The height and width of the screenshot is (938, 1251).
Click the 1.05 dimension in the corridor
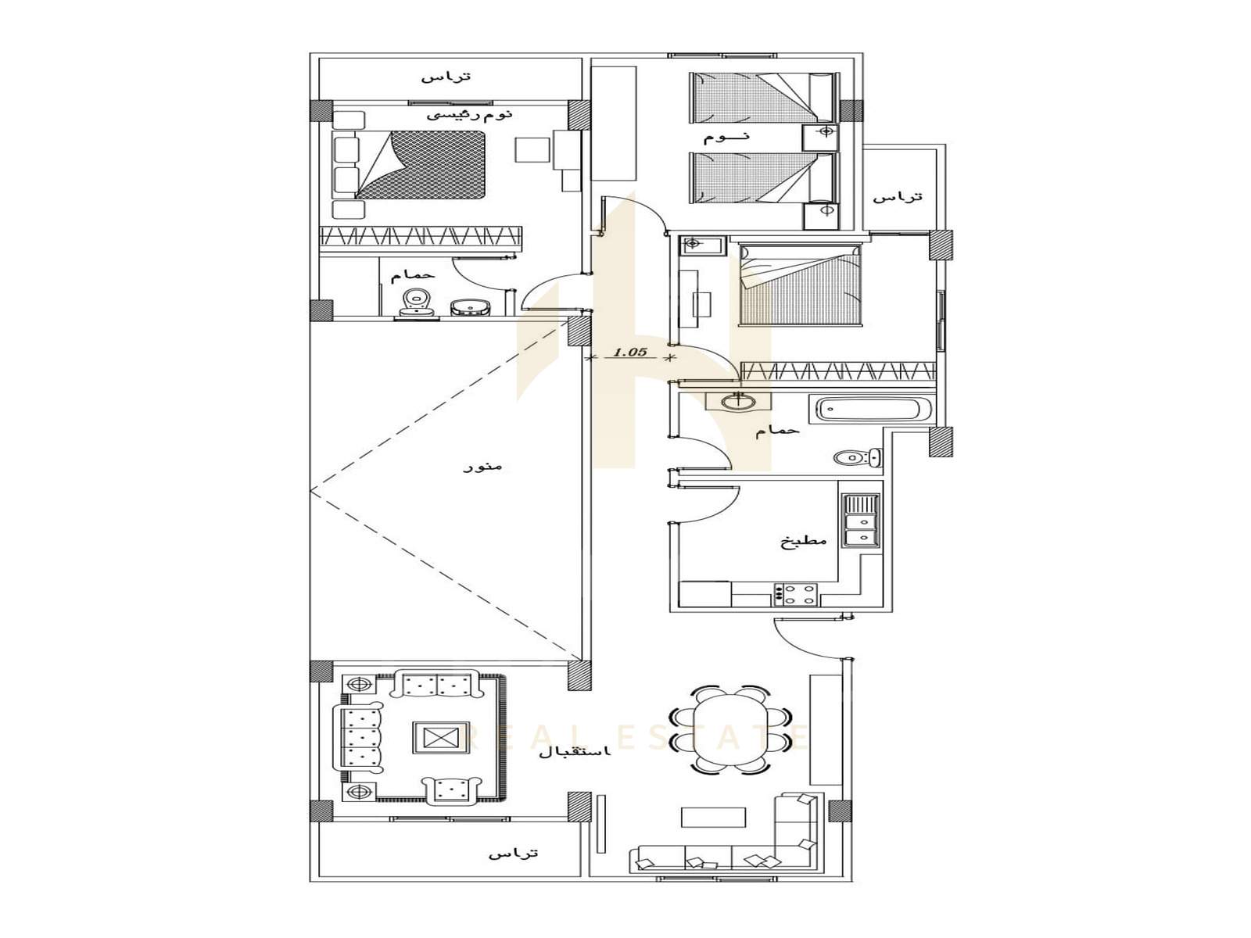click(x=629, y=352)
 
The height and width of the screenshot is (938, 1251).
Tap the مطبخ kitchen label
click(x=803, y=541)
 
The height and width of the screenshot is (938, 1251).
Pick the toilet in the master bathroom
click(x=417, y=302)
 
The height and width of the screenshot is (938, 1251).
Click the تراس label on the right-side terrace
click(x=898, y=196)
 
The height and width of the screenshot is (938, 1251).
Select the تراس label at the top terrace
click(x=446, y=76)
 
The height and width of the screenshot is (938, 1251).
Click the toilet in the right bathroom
click(x=858, y=456)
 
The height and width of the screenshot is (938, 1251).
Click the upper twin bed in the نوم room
click(x=765, y=97)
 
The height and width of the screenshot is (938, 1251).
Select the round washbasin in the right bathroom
click(x=737, y=402)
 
